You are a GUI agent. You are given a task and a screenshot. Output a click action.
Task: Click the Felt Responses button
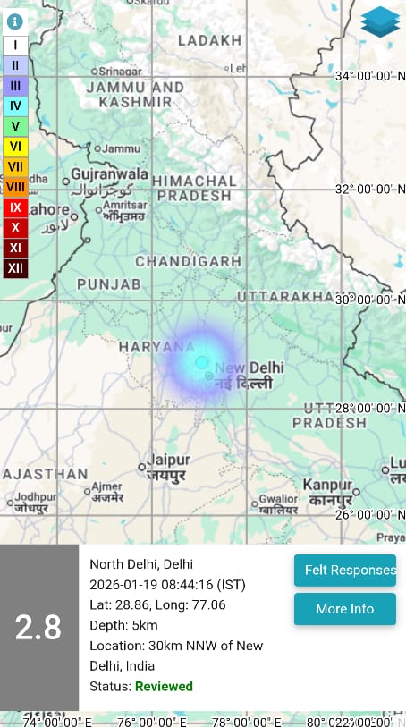(345, 570)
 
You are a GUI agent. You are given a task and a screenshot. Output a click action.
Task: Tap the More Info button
(345, 609)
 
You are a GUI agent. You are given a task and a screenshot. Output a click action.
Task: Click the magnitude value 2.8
(38, 628)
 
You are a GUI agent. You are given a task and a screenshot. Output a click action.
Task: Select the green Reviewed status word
(164, 686)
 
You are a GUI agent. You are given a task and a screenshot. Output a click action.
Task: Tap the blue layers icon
(381, 22)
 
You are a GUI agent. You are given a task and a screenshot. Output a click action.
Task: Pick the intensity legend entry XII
(15, 267)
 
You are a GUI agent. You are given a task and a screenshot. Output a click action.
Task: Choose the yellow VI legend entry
(15, 146)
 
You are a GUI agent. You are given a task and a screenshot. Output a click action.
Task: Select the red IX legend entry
(15, 207)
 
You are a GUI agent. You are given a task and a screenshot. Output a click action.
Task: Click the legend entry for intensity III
(15, 85)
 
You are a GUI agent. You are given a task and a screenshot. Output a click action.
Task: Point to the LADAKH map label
(210, 40)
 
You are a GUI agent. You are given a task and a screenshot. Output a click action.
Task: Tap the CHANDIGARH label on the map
(188, 261)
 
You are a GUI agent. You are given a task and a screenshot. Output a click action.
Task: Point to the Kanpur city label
(327, 484)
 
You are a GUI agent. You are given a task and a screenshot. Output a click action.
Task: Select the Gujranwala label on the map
(109, 173)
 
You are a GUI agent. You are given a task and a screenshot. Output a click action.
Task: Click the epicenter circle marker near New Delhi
(202, 362)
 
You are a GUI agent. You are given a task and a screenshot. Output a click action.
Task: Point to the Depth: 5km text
(123, 624)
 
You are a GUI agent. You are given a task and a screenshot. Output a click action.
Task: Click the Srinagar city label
(121, 71)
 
